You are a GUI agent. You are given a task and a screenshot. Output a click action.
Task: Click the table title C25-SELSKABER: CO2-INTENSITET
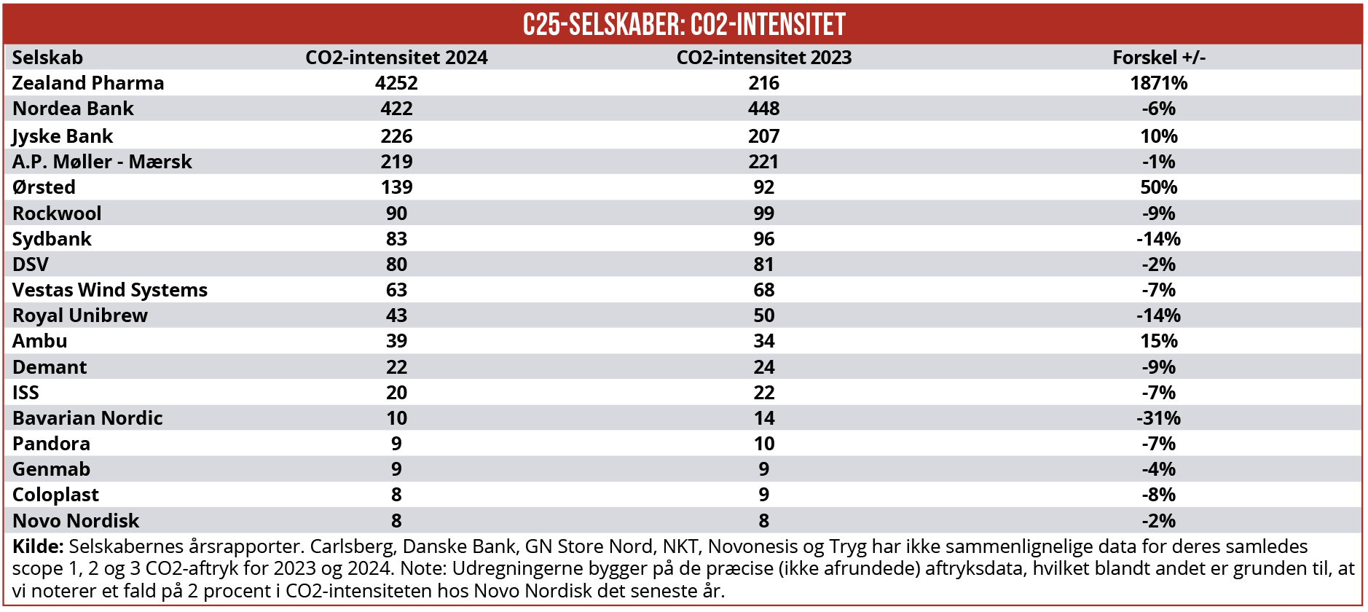(684, 25)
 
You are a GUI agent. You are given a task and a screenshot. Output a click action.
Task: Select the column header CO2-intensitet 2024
(396, 58)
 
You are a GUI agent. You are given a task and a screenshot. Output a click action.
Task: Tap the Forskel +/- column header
(1158, 58)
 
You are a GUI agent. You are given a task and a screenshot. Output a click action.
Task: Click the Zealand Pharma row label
(88, 83)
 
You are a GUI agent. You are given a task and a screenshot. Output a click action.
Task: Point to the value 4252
(396, 83)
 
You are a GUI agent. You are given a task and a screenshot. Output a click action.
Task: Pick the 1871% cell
(1158, 83)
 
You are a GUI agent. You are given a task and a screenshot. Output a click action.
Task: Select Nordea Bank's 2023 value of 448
(763, 109)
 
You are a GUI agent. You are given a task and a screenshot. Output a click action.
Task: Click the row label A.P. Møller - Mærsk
(102, 162)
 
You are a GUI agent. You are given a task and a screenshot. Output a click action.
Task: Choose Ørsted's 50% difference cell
(1158, 187)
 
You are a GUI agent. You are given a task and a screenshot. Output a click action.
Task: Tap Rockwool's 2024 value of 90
(396, 213)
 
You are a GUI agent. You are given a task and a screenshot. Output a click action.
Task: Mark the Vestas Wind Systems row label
(110, 290)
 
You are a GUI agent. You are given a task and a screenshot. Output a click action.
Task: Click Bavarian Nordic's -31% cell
(1158, 418)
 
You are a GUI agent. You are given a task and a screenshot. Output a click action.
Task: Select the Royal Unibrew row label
(80, 315)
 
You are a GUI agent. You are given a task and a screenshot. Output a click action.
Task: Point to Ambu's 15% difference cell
(1158, 341)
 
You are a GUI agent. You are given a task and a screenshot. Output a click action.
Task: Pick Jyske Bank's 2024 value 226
(396, 136)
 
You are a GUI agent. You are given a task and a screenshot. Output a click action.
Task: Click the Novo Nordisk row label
(76, 521)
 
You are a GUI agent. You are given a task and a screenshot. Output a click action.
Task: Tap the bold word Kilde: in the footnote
(38, 546)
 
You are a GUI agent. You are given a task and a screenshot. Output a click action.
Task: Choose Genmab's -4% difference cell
(1158, 469)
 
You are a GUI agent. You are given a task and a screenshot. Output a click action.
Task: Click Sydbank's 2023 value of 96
(763, 239)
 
